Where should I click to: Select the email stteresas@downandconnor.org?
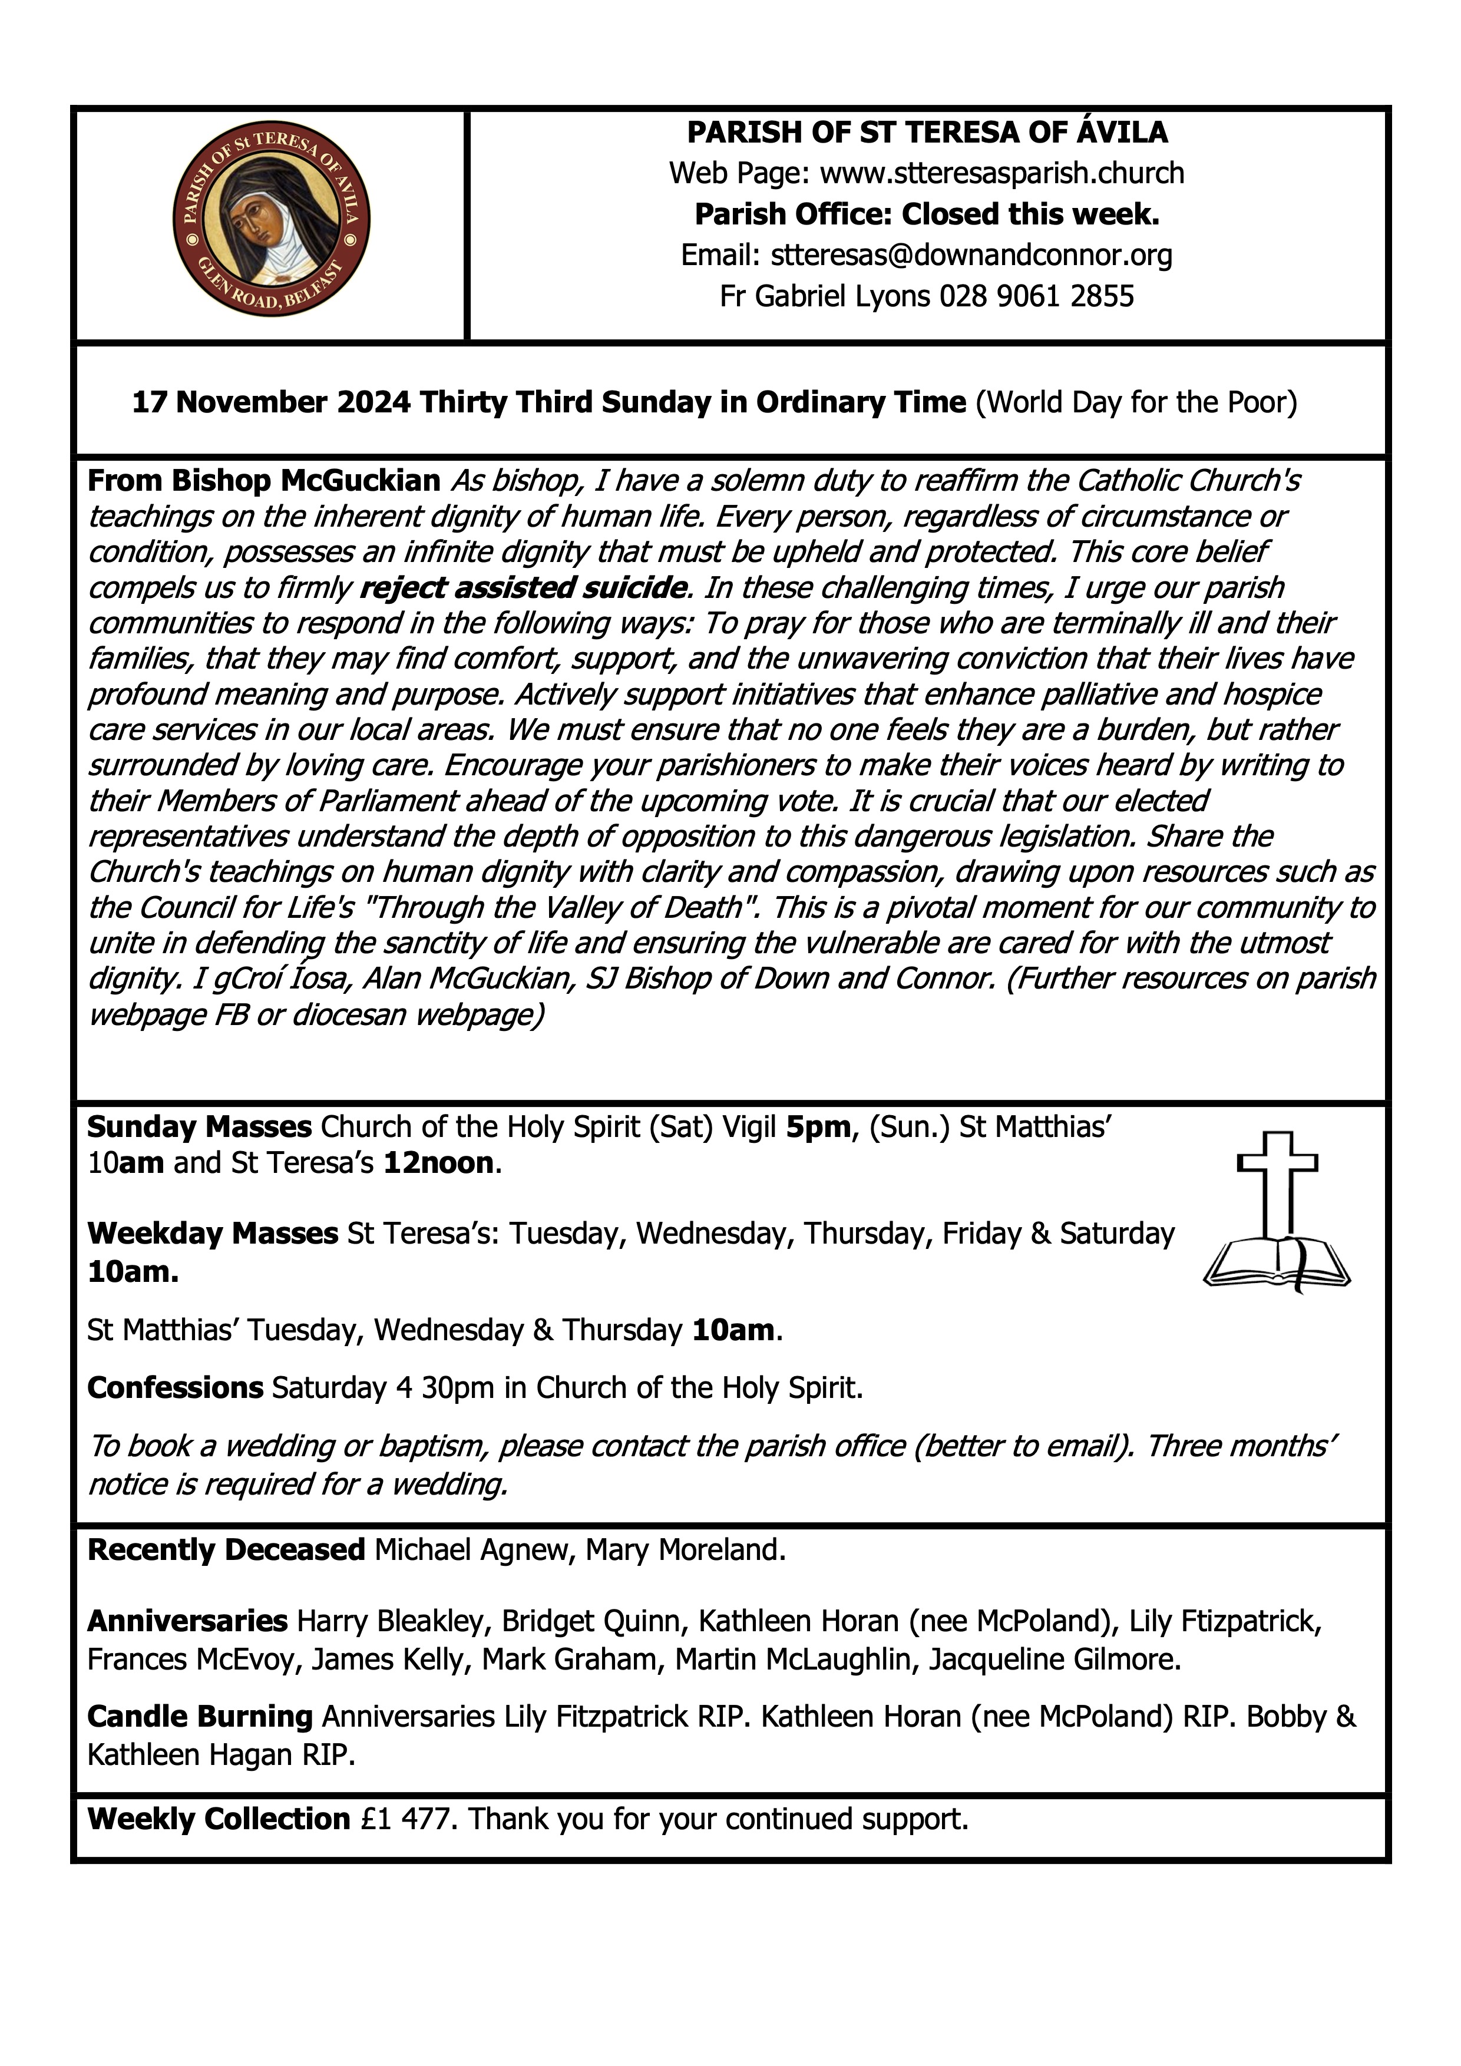971,256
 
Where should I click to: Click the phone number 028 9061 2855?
1036,296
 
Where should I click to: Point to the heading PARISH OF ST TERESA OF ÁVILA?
927,133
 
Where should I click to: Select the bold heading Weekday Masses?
212,1233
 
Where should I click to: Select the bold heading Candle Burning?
200,1717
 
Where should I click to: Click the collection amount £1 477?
409,1819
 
